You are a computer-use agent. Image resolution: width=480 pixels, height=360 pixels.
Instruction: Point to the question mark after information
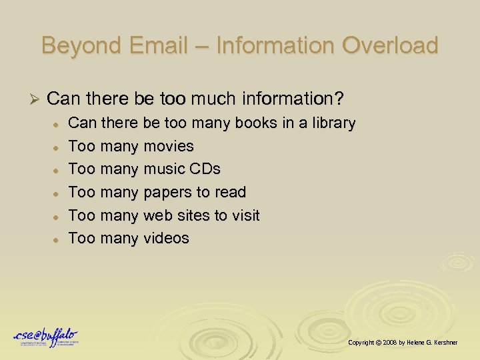pyautogui.click(x=340, y=99)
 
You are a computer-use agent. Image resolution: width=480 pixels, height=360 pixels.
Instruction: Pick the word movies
pyautogui.click(x=169, y=146)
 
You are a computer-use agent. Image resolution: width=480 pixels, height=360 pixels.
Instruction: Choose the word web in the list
pyautogui.click(x=157, y=215)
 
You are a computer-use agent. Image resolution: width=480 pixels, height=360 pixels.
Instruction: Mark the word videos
pyautogui.click(x=167, y=238)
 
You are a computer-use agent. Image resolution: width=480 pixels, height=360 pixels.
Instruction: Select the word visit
pyautogui.click(x=245, y=215)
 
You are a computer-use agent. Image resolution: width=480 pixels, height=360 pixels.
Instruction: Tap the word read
pyautogui.click(x=231, y=193)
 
